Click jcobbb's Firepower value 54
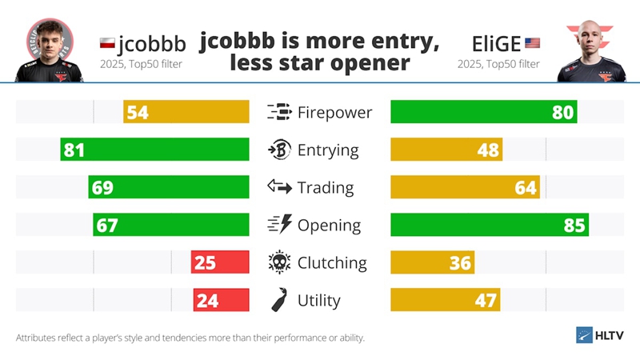(138, 112)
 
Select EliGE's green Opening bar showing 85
(489, 225)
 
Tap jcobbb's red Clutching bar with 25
(220, 262)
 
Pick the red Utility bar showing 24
(221, 300)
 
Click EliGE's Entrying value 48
(488, 150)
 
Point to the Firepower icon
(279, 112)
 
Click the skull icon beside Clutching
(279, 262)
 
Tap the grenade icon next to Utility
(279, 300)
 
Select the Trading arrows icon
(279, 187)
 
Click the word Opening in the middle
(329, 226)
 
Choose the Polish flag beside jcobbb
(107, 42)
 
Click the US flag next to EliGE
(532, 42)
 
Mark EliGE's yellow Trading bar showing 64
(464, 187)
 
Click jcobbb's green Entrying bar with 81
(154, 150)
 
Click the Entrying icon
(279, 150)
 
